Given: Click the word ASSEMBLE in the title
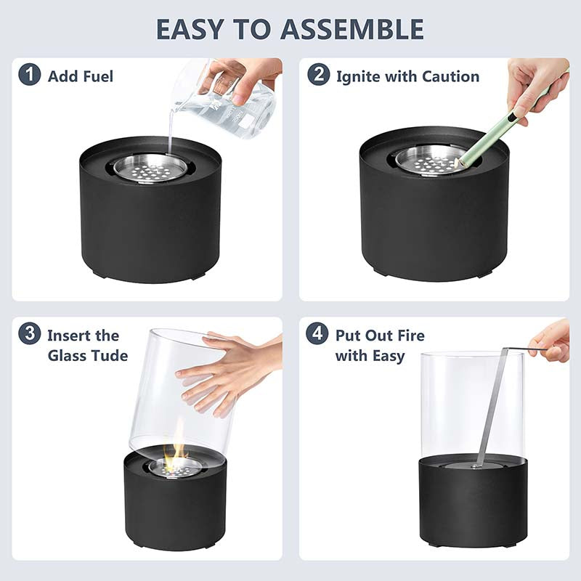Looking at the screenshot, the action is click(352, 29).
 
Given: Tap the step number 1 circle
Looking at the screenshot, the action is click(30, 75).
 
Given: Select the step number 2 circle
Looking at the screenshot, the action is click(319, 75).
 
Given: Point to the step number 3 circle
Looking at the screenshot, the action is click(30, 333).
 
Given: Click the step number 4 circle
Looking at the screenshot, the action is click(317, 333).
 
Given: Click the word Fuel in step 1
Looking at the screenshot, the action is click(98, 76).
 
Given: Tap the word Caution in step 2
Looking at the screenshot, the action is click(450, 76).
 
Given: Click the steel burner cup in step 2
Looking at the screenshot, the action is click(426, 160).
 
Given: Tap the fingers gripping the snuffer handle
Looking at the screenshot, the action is click(551, 341).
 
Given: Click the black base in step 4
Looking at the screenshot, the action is click(474, 500).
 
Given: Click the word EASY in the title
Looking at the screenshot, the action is click(190, 29).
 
